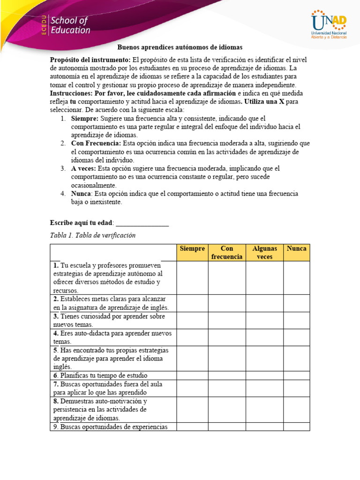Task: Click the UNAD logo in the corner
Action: [329, 26]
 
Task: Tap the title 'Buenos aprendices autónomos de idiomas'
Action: [180, 48]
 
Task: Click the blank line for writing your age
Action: [142, 223]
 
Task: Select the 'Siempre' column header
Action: [192, 248]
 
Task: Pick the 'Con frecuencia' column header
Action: [227, 253]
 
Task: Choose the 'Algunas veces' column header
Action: [264, 253]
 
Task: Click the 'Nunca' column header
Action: [296, 248]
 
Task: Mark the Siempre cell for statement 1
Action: [192, 277]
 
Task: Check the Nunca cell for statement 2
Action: [296, 303]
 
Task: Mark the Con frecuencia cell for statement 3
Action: [227, 320]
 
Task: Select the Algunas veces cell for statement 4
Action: [264, 337]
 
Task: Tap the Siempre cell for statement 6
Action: [192, 375]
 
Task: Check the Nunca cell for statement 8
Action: [296, 409]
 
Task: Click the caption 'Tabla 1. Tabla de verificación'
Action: [92, 235]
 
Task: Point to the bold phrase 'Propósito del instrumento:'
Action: [90, 60]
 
